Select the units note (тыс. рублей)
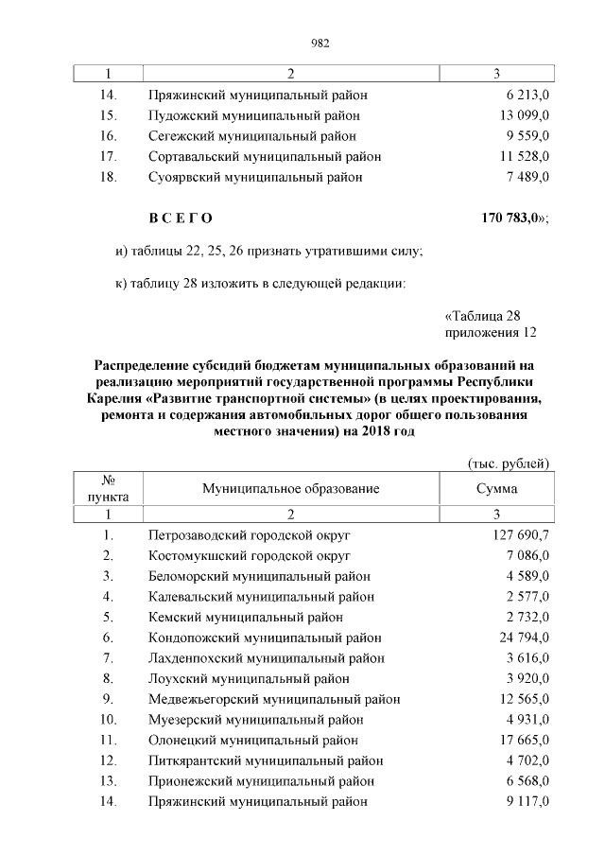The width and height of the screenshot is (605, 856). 509,463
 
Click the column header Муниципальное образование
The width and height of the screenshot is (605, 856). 290,488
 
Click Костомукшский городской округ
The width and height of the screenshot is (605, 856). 250,555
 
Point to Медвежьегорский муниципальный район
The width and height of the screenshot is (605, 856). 274,699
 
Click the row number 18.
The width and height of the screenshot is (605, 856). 108,177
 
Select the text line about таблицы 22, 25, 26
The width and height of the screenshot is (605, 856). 268,251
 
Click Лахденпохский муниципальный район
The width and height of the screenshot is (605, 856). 267,657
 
